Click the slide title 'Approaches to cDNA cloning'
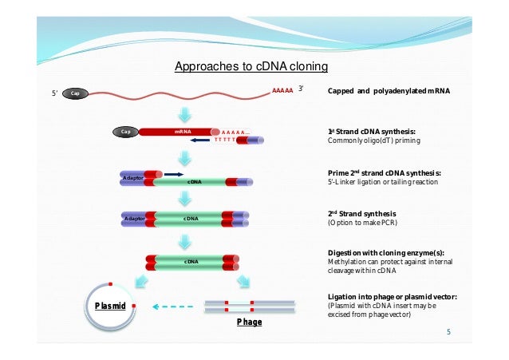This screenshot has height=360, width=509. (x=251, y=66)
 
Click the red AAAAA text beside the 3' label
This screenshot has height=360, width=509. (x=282, y=92)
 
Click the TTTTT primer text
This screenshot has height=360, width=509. (x=224, y=140)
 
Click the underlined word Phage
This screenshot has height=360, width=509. (x=249, y=322)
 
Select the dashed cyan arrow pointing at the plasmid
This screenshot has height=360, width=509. (x=173, y=305)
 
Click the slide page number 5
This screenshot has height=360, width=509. (x=448, y=332)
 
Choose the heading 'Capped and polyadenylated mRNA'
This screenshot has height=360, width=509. (x=389, y=92)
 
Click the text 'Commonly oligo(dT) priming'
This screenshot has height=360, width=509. (x=374, y=140)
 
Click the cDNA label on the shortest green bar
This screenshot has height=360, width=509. (x=191, y=261)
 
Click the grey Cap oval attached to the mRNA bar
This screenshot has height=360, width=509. (x=125, y=132)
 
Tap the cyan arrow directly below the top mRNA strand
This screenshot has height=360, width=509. (x=185, y=113)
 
